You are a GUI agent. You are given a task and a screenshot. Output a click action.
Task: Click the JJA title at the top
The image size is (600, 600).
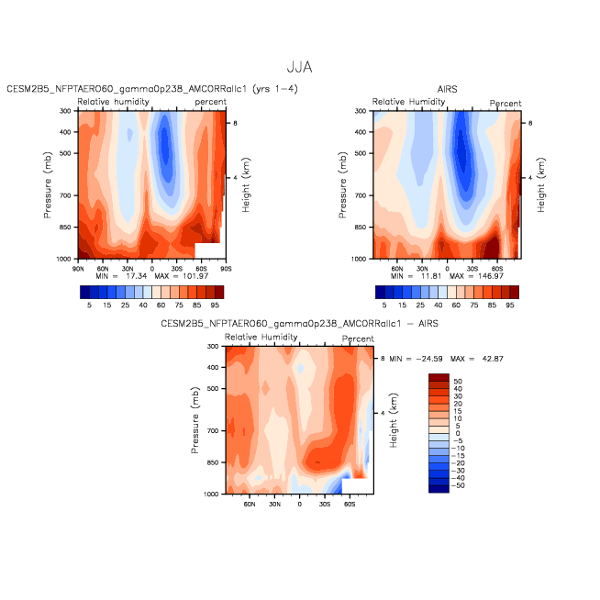(x=300, y=67)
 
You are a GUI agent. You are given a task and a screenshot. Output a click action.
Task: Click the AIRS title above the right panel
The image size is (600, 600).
(x=447, y=89)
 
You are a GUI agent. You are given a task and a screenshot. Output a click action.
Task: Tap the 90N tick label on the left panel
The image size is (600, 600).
(x=78, y=269)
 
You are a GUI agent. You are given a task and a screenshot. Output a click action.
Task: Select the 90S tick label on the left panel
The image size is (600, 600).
(x=226, y=269)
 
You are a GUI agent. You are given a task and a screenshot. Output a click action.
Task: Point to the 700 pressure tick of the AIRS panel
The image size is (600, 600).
(x=361, y=195)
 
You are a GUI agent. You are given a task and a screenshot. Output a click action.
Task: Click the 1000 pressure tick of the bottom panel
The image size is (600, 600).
(x=211, y=494)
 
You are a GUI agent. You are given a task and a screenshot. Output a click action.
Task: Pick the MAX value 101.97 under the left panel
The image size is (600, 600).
(x=195, y=276)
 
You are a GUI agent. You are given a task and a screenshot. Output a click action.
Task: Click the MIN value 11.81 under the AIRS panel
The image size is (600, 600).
(x=431, y=276)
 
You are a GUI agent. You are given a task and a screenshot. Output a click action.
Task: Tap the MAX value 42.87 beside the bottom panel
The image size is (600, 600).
(x=493, y=359)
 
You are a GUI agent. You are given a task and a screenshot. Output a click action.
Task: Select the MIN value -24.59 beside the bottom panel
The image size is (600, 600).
(x=429, y=359)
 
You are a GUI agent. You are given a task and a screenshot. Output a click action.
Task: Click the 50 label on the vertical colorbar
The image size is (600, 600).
(x=458, y=382)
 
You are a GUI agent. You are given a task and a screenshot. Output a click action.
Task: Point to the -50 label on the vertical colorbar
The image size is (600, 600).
(x=458, y=485)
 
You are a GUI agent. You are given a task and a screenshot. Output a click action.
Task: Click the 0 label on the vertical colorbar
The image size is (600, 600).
(x=458, y=434)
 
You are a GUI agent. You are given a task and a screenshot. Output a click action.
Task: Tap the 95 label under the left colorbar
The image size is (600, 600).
(x=215, y=305)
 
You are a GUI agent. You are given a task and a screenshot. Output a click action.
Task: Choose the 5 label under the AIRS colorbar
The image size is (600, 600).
(x=384, y=305)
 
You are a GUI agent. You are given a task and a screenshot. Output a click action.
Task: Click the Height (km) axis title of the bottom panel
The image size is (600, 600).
(x=394, y=420)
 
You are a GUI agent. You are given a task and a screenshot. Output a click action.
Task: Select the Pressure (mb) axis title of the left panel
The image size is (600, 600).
(x=48, y=184)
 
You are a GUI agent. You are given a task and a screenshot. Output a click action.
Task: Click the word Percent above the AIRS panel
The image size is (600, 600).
(x=506, y=104)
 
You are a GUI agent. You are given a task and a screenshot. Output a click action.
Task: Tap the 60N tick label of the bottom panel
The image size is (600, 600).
(x=250, y=504)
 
